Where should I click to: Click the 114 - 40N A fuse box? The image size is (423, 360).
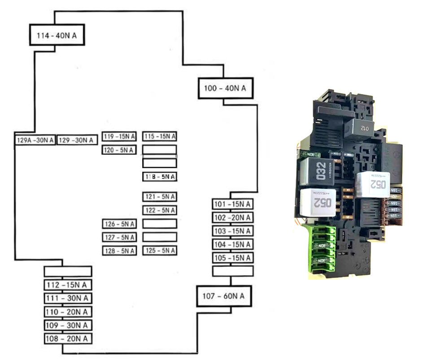57,35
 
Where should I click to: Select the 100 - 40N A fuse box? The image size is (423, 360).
225,88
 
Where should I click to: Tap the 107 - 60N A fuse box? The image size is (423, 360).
223,296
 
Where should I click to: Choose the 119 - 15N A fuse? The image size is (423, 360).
119,137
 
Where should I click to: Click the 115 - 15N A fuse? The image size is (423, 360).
160,137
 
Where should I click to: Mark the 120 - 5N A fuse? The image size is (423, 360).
119,150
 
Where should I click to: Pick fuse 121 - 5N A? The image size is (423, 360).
160,197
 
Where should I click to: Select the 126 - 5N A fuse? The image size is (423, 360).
119,224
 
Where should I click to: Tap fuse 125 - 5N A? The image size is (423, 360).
160,251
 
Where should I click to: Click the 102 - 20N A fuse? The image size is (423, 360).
232,218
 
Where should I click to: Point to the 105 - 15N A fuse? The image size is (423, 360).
232,258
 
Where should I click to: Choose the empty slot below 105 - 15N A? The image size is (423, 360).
232,271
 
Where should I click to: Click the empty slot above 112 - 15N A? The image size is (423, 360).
68,271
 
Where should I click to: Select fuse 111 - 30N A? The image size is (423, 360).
68,298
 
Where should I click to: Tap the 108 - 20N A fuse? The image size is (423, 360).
68,338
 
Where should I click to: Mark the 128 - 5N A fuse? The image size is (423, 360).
119,251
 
